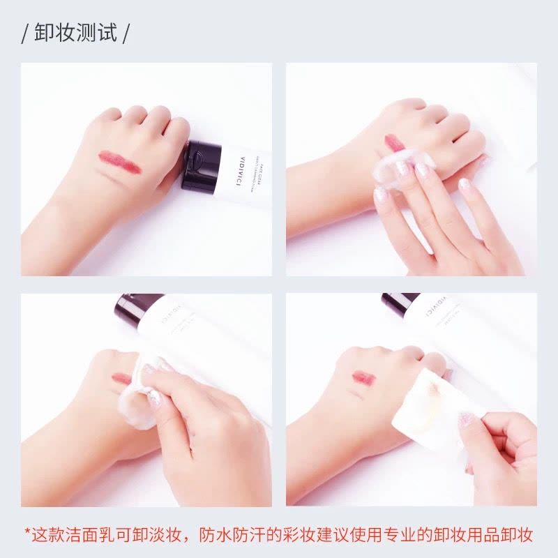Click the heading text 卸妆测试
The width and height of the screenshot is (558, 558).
tap(76, 33)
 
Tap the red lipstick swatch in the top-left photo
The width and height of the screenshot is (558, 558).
tap(119, 162)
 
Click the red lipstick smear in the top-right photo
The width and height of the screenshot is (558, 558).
tap(393, 144)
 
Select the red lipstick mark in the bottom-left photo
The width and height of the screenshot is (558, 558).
tap(121, 379)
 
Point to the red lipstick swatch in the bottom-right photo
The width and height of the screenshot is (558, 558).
tap(363, 377)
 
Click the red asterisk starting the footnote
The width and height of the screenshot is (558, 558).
tap(27, 534)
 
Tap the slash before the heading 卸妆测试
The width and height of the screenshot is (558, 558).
tap(24, 33)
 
